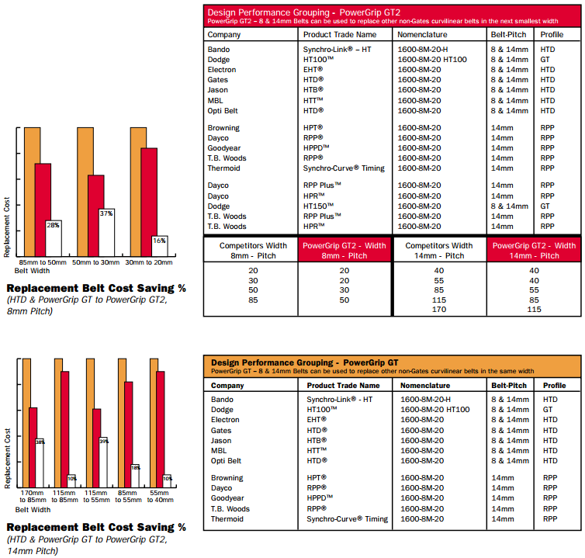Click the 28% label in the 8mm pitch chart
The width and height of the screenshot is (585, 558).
pos(53,225)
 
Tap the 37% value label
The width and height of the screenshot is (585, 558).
pos(106,213)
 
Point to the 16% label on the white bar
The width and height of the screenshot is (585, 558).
pos(159,241)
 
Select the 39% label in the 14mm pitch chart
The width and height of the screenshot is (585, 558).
pos(104,442)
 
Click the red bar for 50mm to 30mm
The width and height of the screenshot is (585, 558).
pos(96,216)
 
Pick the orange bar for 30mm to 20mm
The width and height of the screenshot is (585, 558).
pos(138,192)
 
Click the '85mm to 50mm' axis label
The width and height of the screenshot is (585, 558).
pos(43,262)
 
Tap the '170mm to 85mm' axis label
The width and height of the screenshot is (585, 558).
pos(33,497)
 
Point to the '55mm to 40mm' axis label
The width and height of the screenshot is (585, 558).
pos(160,497)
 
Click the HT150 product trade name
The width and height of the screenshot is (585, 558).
pos(318,206)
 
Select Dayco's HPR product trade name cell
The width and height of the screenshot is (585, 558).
pos(313,196)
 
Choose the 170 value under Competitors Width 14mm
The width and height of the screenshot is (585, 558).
pos(439,310)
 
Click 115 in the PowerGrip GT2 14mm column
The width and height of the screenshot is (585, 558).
pos(535,310)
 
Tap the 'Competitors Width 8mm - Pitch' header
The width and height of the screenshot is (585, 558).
pos(253,251)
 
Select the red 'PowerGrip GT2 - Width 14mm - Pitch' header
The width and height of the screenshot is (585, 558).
pos(535,251)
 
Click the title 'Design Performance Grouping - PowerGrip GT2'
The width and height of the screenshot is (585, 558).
pos(303,12)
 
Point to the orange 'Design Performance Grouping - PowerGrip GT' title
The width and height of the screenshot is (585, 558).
pos(304,362)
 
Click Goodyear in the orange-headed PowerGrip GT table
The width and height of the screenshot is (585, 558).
pos(227,498)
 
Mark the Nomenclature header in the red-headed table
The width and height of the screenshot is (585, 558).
pos(422,34)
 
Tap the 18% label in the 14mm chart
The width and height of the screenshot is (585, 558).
pos(136,468)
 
